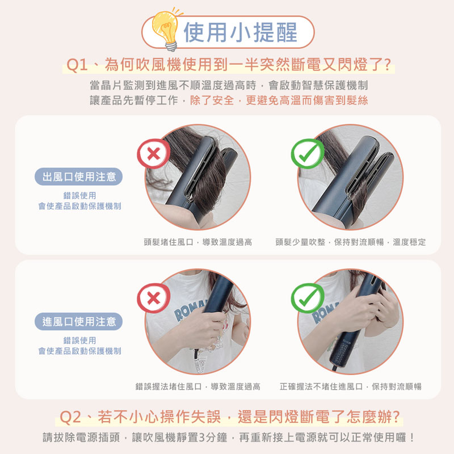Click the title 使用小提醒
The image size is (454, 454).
coord(241,32)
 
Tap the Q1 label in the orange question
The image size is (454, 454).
coord(77,64)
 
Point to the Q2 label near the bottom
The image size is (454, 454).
coord(70,417)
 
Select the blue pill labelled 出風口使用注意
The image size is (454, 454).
coord(78,176)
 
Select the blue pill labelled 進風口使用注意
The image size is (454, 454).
coord(78,321)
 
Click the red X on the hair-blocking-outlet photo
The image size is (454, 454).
coord(153,153)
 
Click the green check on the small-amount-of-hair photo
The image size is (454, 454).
coord(308,153)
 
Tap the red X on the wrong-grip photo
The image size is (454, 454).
coord(153,298)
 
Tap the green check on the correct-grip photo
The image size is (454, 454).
coord(308,298)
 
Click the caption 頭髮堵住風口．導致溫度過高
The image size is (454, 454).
coord(197,242)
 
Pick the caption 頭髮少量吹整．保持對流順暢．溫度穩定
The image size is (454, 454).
coord(351,242)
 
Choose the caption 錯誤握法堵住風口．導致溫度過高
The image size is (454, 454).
coord(197,386)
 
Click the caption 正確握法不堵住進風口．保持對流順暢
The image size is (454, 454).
coord(351,386)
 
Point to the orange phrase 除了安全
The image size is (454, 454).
coord(212,100)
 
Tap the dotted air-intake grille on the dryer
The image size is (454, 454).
coord(341,354)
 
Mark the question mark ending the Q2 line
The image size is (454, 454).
coord(395,417)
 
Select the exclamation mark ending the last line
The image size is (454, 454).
coord(412,437)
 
